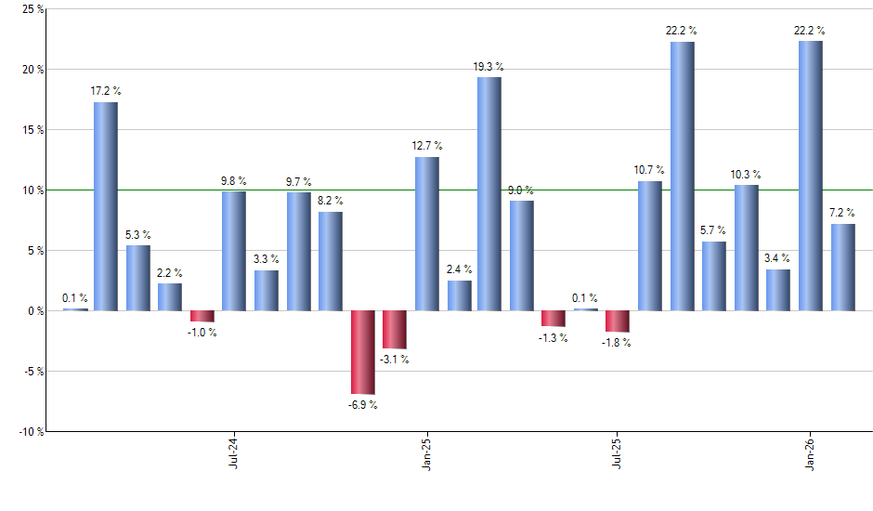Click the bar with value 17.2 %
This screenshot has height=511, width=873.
106,206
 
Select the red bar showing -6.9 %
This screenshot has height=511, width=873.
362,352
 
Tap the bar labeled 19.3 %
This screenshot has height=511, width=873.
489,193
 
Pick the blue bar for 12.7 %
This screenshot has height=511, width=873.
426,234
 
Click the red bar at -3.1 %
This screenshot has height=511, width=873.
395,329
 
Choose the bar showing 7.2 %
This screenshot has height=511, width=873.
842,267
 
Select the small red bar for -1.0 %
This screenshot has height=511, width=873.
202,316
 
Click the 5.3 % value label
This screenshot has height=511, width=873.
138,235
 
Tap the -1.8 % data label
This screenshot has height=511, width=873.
617,342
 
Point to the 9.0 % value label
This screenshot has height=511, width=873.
522,191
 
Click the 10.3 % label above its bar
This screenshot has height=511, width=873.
746,175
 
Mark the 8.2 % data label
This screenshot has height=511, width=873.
331,201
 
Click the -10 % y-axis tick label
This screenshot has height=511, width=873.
30,432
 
